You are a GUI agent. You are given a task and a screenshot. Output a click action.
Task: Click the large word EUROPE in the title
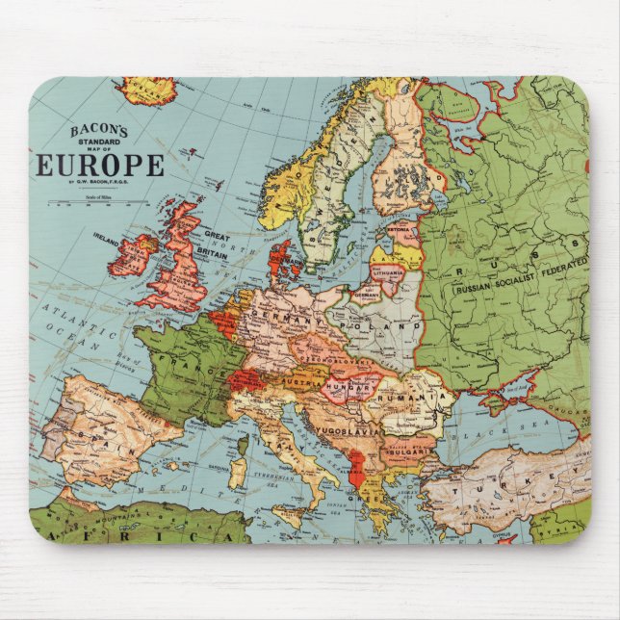[100, 165]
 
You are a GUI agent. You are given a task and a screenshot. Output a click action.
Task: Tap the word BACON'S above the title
[100, 130]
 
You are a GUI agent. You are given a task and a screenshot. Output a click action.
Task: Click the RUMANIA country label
[415, 398]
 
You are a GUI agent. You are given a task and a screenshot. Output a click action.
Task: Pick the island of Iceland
[145, 90]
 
